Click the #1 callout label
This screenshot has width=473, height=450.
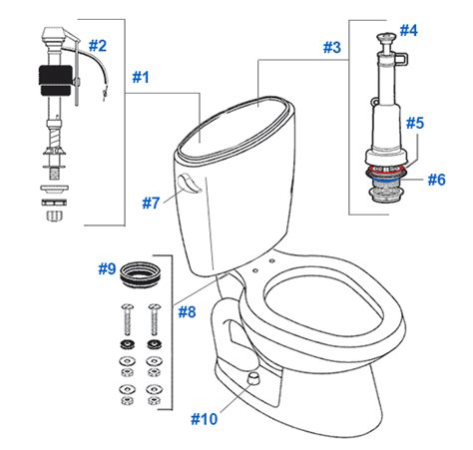pyautogui.click(x=141, y=77)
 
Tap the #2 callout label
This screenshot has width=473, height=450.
pyautogui.click(x=98, y=46)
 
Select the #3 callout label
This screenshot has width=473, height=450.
pyautogui.click(x=332, y=47)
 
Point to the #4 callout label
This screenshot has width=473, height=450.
pyautogui.click(x=408, y=30)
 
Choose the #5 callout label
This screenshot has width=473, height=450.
pyautogui.click(x=415, y=123)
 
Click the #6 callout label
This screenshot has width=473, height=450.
pyautogui.click(x=436, y=180)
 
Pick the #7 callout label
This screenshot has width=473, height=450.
pyautogui.click(x=151, y=203)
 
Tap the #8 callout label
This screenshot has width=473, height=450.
pyautogui.click(x=187, y=312)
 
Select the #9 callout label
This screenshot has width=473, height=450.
pyautogui.click(x=107, y=268)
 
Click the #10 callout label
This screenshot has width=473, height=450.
pyautogui.click(x=205, y=419)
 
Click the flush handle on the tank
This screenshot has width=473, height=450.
pyautogui.click(x=189, y=184)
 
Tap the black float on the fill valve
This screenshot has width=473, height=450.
pyautogui.click(x=55, y=81)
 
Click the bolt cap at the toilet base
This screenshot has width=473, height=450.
pyautogui.click(x=254, y=377)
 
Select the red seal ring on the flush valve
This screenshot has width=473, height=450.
pyautogui.click(x=386, y=172)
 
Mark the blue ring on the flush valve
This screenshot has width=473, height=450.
pyautogui.click(x=386, y=181)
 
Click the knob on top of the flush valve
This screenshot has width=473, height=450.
pyautogui.click(x=386, y=37)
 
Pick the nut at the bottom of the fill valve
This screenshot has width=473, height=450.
pyautogui.click(x=54, y=215)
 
